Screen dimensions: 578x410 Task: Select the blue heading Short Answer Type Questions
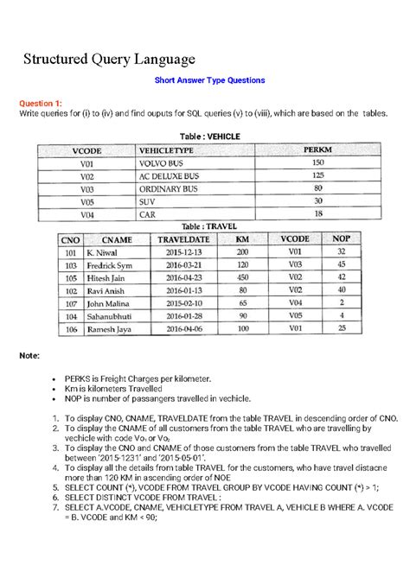[208, 80]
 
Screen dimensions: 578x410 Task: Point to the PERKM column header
[317, 150]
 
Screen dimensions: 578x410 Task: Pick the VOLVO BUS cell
[163, 162]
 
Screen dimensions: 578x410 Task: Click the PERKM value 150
[317, 162]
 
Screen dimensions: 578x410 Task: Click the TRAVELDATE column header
[183, 239]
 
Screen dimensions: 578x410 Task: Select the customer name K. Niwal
[103, 251]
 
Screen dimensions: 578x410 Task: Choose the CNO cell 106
[71, 329]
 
